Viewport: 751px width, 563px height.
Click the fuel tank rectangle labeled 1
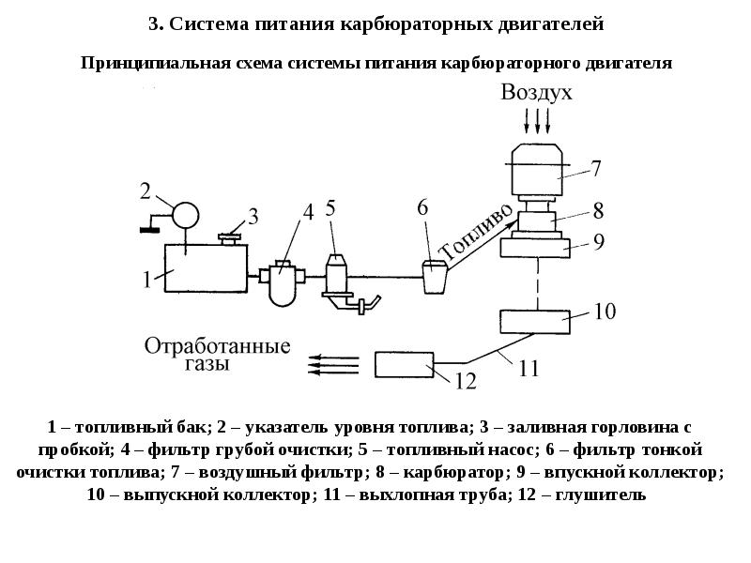205,268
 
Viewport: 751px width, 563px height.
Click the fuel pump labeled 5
337,274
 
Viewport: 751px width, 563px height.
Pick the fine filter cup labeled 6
434,278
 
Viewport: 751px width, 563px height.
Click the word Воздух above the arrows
536,93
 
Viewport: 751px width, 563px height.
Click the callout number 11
529,369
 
